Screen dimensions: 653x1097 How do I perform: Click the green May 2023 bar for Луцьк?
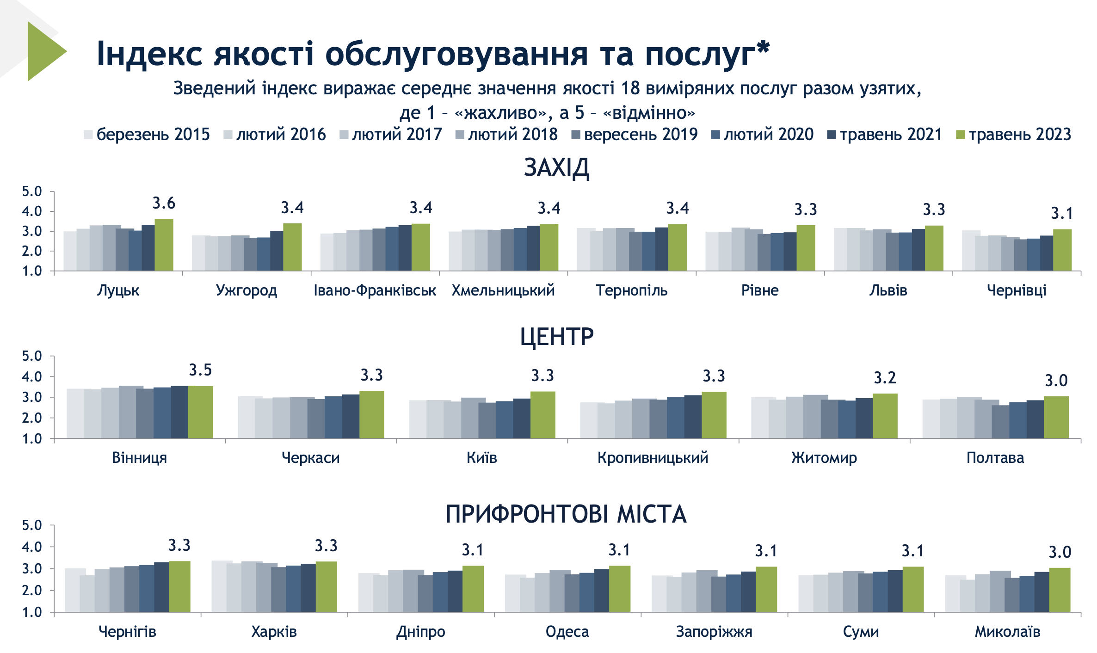(x=164, y=245)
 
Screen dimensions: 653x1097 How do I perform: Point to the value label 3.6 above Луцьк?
(x=164, y=203)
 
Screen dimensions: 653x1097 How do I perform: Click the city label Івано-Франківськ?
(x=375, y=290)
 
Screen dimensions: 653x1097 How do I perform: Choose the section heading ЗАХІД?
(x=556, y=167)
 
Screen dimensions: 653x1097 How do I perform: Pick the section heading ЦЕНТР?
(x=556, y=336)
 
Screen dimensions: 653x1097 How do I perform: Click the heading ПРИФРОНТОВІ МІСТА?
(x=566, y=514)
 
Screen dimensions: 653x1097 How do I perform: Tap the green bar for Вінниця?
(x=200, y=412)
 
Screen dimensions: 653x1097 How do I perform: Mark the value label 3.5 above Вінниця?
(x=200, y=370)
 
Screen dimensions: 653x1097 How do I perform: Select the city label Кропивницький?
(x=653, y=458)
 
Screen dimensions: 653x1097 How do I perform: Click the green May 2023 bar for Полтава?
(x=1056, y=417)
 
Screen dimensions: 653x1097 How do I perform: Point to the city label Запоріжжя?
(x=714, y=632)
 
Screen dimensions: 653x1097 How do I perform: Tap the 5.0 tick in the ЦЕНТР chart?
(x=32, y=356)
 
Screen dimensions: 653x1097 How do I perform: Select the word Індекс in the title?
(x=149, y=54)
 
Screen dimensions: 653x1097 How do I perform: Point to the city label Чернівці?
(x=1017, y=290)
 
